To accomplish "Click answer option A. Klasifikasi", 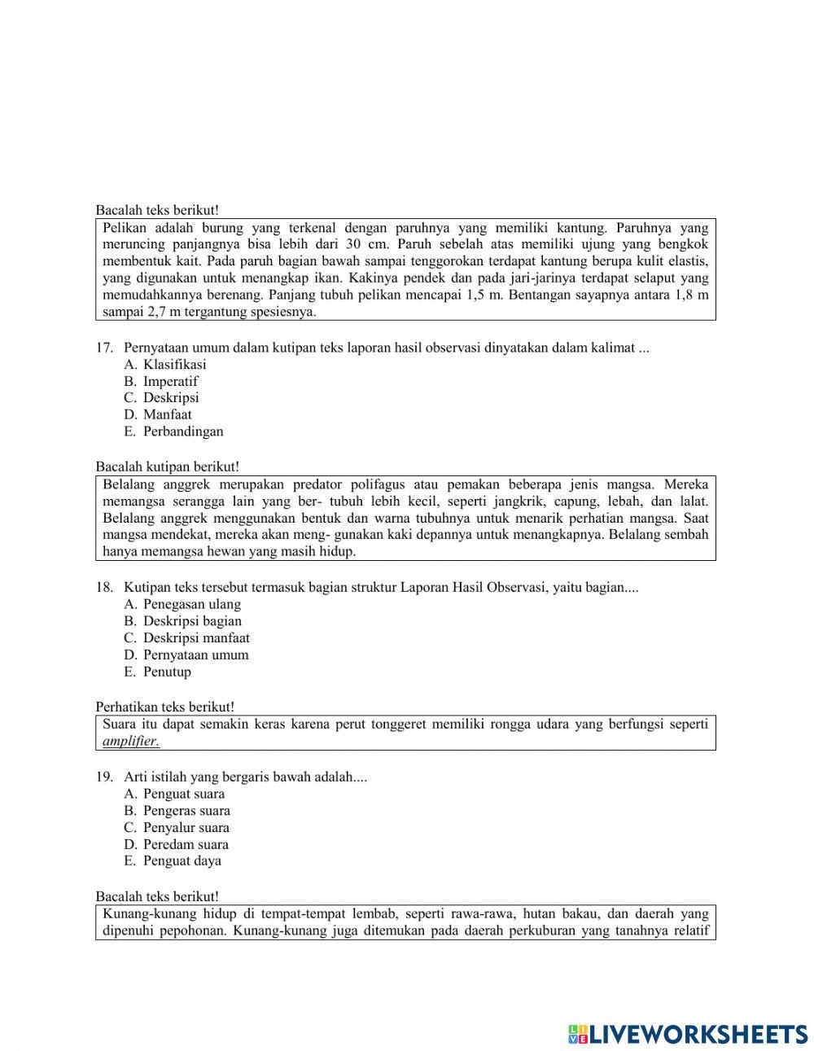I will click(165, 365).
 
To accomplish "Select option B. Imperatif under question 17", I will click(161, 382).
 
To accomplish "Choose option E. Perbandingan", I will click(173, 431).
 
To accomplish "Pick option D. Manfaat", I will click(158, 414).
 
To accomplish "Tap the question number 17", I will click(103, 348).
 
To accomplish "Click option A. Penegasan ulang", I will click(182, 604).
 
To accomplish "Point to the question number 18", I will click(103, 587).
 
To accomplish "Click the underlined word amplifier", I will click(131, 742).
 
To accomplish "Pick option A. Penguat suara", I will click(174, 794).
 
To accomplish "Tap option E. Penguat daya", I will click(173, 861).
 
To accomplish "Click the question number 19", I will click(103, 777).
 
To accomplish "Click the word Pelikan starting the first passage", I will click(124, 228).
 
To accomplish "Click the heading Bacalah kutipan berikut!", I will click(167, 467).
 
